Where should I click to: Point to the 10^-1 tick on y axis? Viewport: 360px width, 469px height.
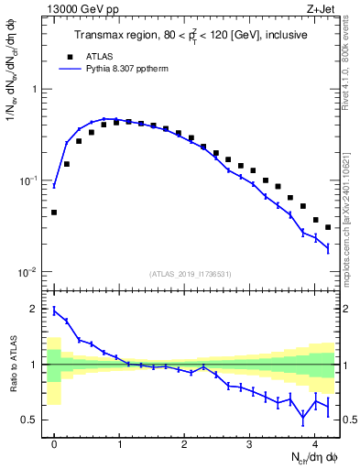pos(26,181)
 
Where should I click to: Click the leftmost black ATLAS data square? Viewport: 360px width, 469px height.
pos(54,213)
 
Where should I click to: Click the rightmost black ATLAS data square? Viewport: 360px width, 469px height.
pos(328,227)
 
